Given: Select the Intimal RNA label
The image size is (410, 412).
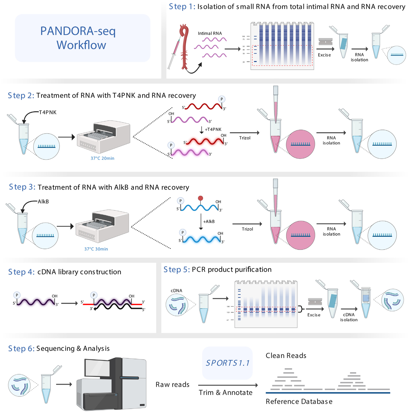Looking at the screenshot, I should coord(210,33).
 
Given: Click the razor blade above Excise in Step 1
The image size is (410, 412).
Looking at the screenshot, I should coord(325,42).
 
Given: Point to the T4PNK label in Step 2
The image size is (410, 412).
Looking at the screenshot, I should coord(48,112).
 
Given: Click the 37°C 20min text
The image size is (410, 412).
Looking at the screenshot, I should coord(102,158).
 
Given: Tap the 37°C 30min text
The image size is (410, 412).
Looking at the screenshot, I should coord(96,249).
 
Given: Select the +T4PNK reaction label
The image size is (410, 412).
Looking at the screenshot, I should coord(213,129).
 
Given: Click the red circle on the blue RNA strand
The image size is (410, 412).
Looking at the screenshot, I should coord(200,198).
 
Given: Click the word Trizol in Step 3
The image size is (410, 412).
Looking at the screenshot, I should coord(247,229).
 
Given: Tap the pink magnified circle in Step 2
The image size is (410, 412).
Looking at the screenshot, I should coord(300,144).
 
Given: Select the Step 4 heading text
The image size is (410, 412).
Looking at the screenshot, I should coord(65,272).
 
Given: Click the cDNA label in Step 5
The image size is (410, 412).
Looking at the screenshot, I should coord(176,291).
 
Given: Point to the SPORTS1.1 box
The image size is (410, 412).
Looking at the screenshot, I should coord(227,363).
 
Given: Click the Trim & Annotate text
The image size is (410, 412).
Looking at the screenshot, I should coord(225,392).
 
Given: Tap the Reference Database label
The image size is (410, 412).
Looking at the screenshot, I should coord(299,401).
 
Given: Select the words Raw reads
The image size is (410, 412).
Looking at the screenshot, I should coord(172,384).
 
